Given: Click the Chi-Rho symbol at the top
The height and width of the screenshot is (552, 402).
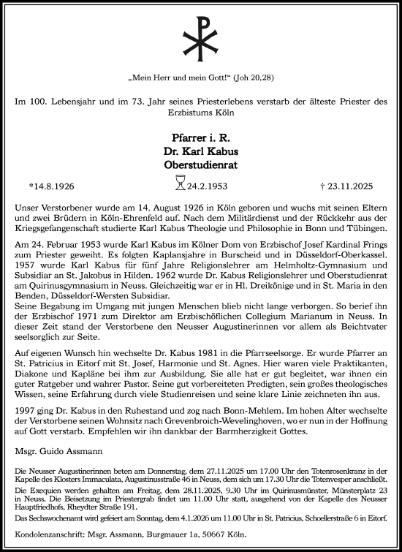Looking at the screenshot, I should [x=200, y=35].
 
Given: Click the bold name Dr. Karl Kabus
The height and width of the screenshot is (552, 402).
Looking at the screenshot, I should [x=200, y=151].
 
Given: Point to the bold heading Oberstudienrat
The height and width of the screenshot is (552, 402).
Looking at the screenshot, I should [x=200, y=166].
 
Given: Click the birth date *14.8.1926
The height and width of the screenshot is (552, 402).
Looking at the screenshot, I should [x=56, y=186].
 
